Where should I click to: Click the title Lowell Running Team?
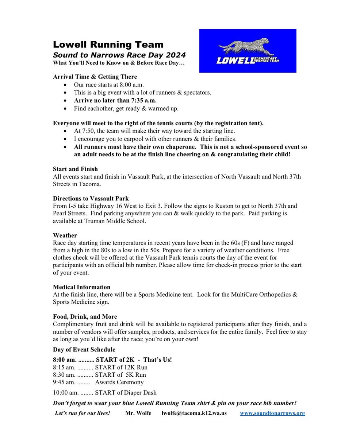108,45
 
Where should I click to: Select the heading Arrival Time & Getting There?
95,77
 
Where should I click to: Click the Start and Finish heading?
75,169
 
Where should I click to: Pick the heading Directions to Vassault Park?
91,199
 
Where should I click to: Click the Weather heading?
65,235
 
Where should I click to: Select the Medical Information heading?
81,287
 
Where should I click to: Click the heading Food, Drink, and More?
85,316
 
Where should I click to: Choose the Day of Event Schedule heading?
84,349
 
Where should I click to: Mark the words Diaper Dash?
139,393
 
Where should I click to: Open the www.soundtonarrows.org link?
272,413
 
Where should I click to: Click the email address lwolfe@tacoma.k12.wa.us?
194,413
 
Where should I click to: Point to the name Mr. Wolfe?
138,413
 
